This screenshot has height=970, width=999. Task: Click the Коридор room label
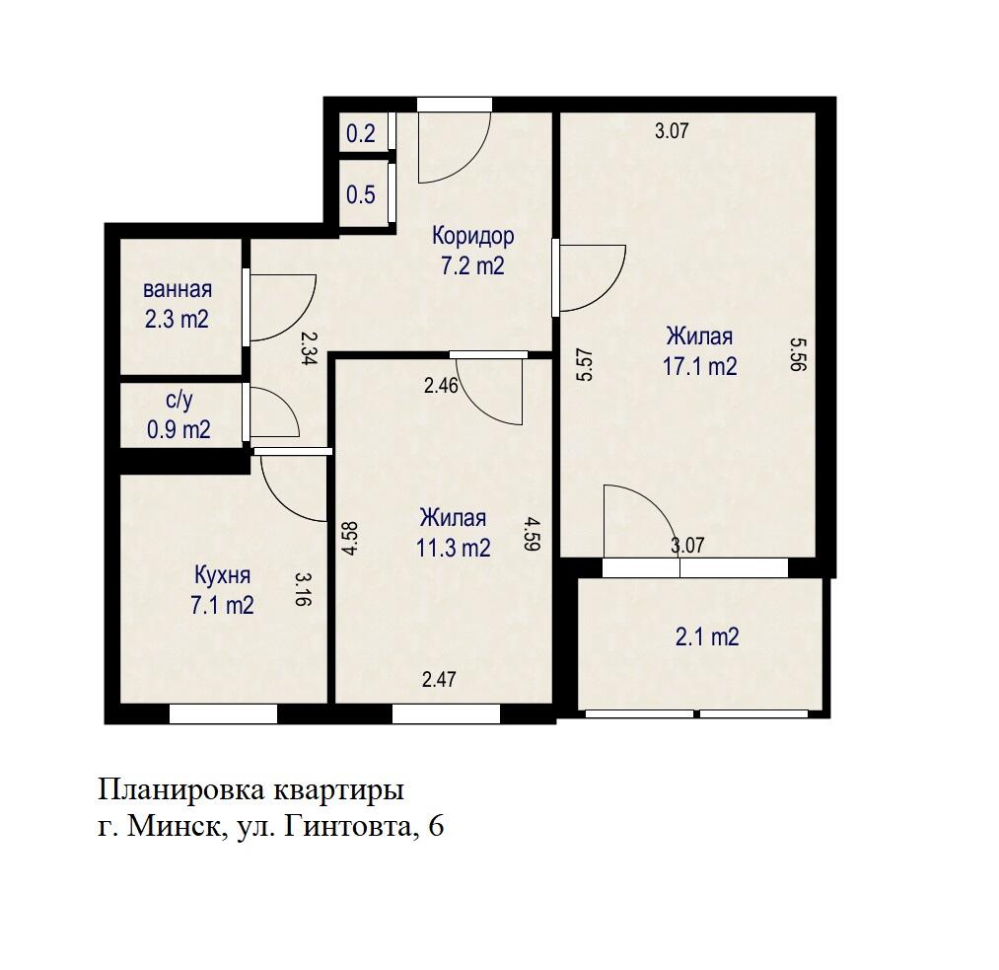click(472, 251)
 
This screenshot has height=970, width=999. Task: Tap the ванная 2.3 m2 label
click(178, 305)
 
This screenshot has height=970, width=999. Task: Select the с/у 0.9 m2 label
click(178, 415)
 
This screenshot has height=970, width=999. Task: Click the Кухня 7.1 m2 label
click(222, 590)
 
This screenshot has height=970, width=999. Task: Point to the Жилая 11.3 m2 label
click(453, 533)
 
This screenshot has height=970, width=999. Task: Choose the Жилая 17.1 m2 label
click(699, 351)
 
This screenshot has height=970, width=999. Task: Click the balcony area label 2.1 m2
click(707, 637)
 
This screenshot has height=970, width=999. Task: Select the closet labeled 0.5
click(361, 194)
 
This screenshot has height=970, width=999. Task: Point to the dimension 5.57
click(583, 362)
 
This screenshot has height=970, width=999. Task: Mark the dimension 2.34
click(308, 348)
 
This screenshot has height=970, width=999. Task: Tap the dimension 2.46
click(441, 386)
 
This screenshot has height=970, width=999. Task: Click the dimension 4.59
click(532, 538)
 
